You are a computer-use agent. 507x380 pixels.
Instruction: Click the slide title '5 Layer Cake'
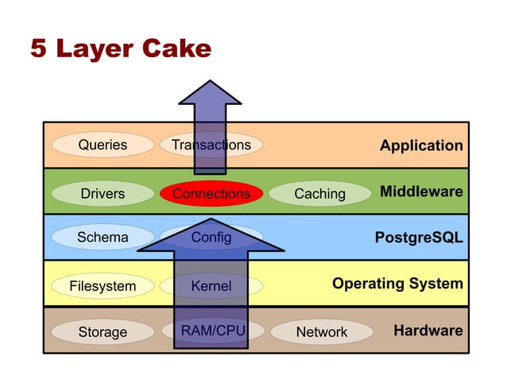pyautogui.click(x=121, y=49)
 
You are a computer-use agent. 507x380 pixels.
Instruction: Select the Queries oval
pyautogui.click(x=103, y=145)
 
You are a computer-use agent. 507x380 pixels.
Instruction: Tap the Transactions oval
pyautogui.click(x=211, y=145)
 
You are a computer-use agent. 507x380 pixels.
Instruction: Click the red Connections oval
pyautogui.click(x=211, y=193)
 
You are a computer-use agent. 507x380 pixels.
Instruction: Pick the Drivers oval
pyautogui.click(x=103, y=193)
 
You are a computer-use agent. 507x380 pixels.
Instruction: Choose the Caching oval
pyautogui.click(x=319, y=193)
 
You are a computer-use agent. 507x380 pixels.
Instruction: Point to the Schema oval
pyautogui.click(x=103, y=237)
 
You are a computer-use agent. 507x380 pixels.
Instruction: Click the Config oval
pyautogui.click(x=211, y=237)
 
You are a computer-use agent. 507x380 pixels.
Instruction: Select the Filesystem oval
pyautogui.click(x=103, y=285)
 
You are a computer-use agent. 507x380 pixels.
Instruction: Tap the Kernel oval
pyautogui.click(x=211, y=285)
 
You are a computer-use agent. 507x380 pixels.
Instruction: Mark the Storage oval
pyautogui.click(x=103, y=332)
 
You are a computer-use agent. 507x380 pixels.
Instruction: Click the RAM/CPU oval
pyautogui.click(x=212, y=330)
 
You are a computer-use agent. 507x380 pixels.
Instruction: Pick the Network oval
pyautogui.click(x=321, y=332)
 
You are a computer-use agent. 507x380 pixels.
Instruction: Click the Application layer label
pyautogui.click(x=420, y=145)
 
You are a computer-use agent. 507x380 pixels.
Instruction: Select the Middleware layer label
pyautogui.click(x=420, y=192)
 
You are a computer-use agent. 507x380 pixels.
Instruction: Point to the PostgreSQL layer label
pyautogui.click(x=418, y=238)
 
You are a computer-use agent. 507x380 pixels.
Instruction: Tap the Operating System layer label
pyautogui.click(x=397, y=283)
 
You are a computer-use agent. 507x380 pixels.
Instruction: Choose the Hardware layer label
pyautogui.click(x=428, y=330)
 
